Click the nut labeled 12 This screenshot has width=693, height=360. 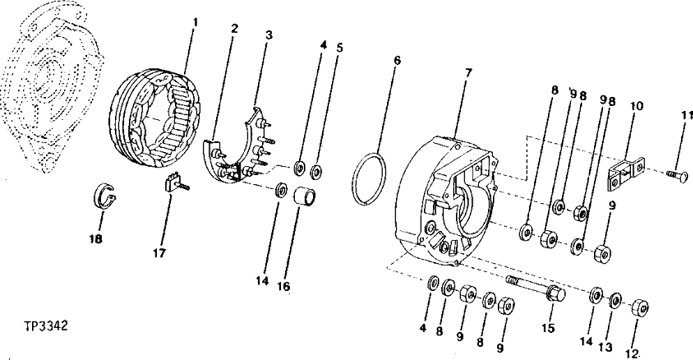coord(641,308)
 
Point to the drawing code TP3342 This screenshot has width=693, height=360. coord(46,325)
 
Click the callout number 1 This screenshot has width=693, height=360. coord(195,22)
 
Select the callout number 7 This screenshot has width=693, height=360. coord(469,73)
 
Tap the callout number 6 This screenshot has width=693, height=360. coord(397,61)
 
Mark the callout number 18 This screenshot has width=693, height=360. coord(96,239)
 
